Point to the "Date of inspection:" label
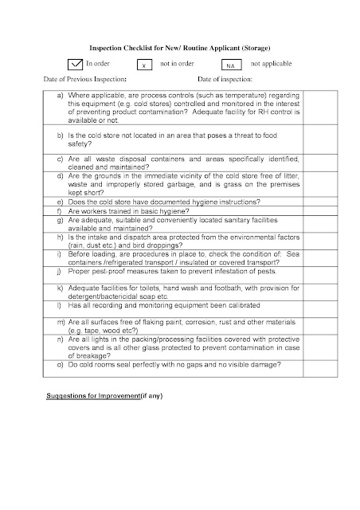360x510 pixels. click(x=225, y=80)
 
